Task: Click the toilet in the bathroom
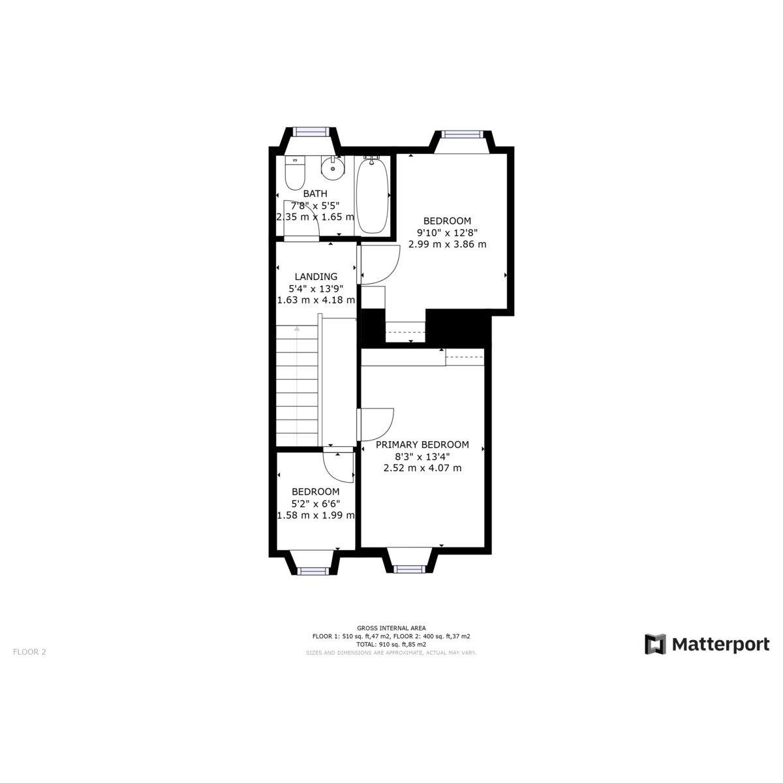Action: tap(295, 172)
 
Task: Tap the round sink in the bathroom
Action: tap(333, 168)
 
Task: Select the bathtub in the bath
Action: tap(373, 195)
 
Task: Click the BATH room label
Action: tap(315, 194)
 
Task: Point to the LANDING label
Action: tap(316, 277)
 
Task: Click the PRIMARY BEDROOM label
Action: tap(422, 445)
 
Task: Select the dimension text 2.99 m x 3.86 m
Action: tap(447, 244)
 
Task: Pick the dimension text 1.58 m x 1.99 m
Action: tap(316, 515)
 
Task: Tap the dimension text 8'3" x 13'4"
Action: tap(422, 457)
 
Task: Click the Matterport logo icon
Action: tap(655, 644)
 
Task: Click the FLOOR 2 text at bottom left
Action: tap(29, 651)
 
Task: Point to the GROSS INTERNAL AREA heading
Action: tap(391, 628)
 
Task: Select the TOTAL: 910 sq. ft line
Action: tap(391, 644)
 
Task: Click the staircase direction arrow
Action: tap(297, 330)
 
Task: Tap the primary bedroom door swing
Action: tap(377, 424)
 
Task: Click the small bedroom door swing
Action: tap(338, 467)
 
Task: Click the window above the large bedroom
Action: tap(462, 134)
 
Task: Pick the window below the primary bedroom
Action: tap(409, 570)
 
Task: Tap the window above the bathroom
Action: tap(311, 131)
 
